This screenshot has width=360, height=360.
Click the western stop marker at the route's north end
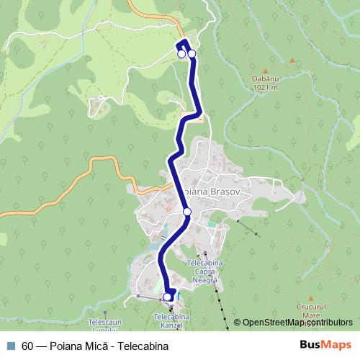tap(181, 53)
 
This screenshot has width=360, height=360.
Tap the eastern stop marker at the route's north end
tap(192, 53)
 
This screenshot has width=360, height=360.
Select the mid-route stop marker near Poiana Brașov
tap(187, 212)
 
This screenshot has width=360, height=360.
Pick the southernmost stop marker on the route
tap(168, 297)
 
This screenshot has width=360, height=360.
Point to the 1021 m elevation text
tap(266, 88)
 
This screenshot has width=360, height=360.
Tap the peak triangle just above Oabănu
tap(292, 60)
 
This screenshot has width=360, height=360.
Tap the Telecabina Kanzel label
tap(171, 321)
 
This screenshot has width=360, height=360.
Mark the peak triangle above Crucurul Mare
tap(311, 297)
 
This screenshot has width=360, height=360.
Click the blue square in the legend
tap(10, 346)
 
